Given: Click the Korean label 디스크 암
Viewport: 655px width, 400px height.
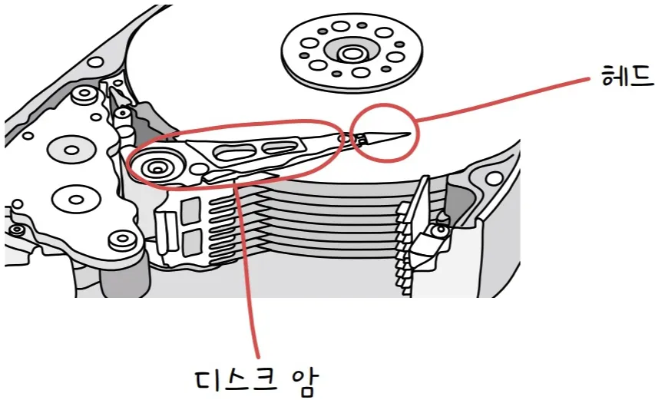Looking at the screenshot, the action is pyautogui.click(x=253, y=377).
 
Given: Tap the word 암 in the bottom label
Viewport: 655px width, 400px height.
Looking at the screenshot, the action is pyautogui.click(x=300, y=377).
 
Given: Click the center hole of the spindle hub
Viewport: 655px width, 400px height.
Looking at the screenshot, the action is pyautogui.click(x=352, y=53).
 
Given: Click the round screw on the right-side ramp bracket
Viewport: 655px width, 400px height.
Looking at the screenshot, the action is pyautogui.click(x=440, y=230).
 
